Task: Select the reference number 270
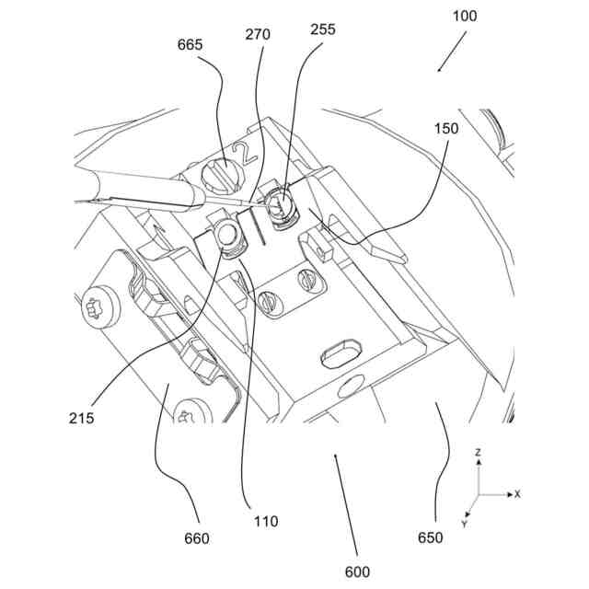coord(258,36)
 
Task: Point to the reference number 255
coord(323,29)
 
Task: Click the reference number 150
coord(445,131)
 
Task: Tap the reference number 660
coord(196,538)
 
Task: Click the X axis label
coord(517,494)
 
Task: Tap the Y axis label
coord(465,524)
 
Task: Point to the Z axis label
coord(479,454)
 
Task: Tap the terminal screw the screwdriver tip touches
coord(278,208)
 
